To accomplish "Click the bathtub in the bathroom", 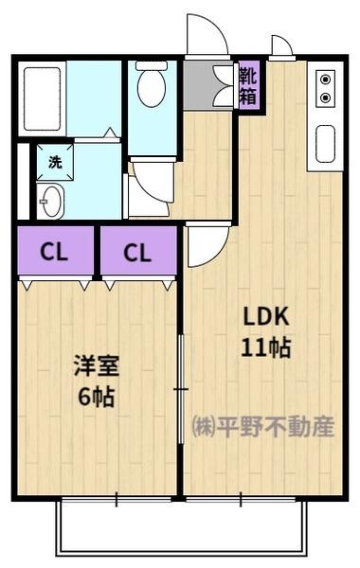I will coord(43,98).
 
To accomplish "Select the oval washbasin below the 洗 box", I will coord(51,200).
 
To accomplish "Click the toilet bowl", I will coord(151,88).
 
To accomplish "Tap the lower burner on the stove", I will coord(326,98).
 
